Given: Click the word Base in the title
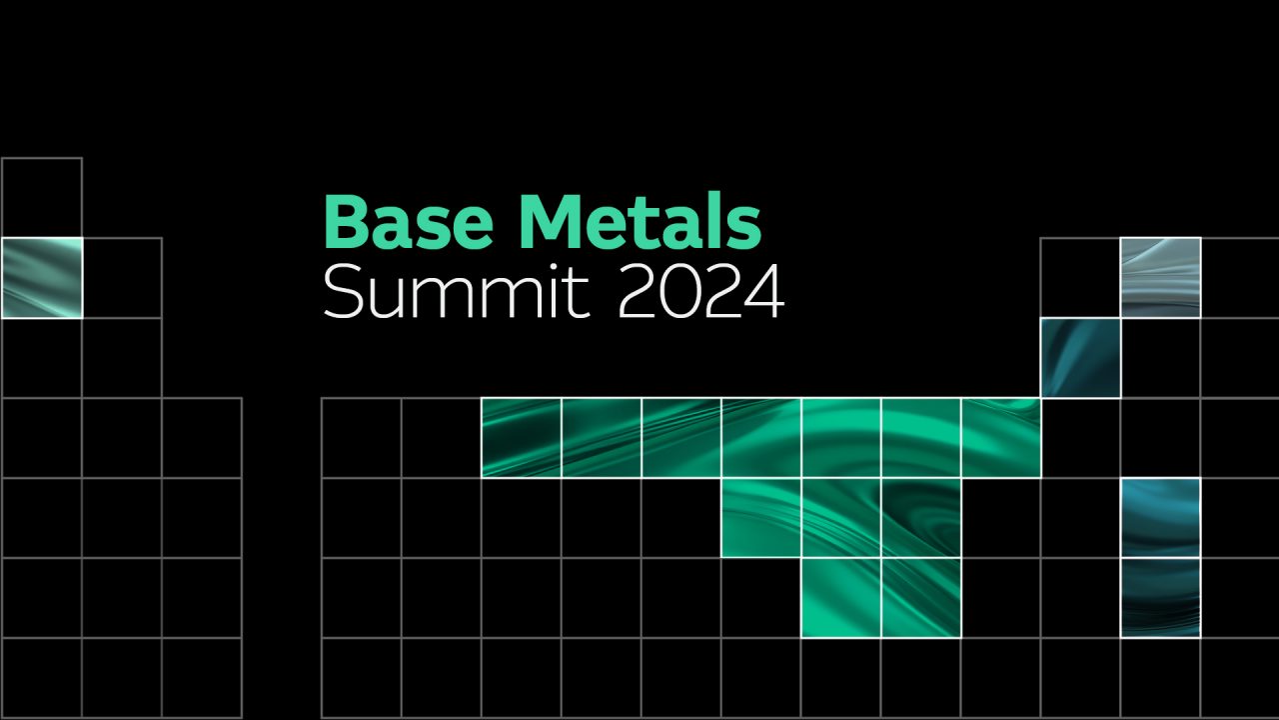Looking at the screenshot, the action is click(409, 222).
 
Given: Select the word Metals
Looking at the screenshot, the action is click(641, 222).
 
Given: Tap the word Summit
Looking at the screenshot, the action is click(456, 290).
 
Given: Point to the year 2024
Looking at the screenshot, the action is click(701, 291).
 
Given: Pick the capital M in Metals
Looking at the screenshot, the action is click(552, 222).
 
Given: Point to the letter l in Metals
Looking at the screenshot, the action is click(709, 221).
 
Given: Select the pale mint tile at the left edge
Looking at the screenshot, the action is click(42, 278).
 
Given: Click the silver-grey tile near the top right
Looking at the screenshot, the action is click(1161, 278).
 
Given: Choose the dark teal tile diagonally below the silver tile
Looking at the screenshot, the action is click(1081, 358).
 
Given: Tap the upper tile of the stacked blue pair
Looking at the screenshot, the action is click(1161, 518).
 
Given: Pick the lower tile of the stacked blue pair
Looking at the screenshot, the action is click(1161, 598).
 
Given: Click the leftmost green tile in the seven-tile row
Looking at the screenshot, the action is click(522, 438).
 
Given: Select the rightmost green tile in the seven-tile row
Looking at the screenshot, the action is click(1001, 438).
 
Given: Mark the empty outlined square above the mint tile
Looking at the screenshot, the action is click(42, 198).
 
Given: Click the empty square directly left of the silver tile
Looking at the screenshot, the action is click(1081, 278).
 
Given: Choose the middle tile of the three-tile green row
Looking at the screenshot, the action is click(841, 518).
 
